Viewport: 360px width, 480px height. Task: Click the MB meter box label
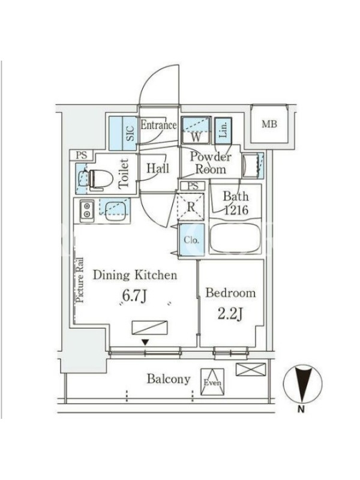click(269, 124)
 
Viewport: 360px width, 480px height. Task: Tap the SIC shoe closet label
click(131, 133)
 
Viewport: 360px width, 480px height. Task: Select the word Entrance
click(158, 125)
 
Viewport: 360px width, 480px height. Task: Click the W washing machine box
click(196, 130)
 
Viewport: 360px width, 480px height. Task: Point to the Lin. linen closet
click(223, 131)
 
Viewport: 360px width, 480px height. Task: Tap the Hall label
click(158, 168)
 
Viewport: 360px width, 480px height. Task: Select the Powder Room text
click(211, 163)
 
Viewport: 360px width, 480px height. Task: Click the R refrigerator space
click(191, 206)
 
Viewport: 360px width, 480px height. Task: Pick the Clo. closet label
click(191, 240)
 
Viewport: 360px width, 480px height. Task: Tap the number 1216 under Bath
click(236, 211)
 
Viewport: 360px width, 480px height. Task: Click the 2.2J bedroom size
click(230, 314)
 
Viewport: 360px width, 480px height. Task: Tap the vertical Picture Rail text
click(80, 280)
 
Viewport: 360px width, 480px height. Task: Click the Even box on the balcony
click(212, 382)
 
